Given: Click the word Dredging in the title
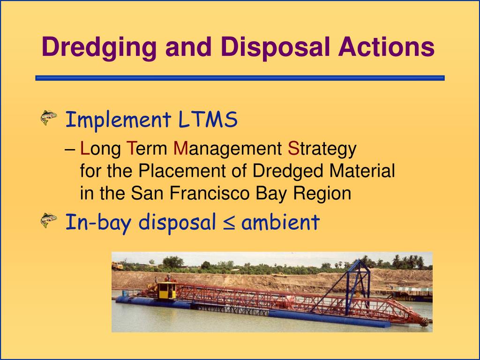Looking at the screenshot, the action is click(99, 47).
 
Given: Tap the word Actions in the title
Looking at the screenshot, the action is click(386, 47).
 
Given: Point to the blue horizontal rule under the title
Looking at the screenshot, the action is click(240, 78).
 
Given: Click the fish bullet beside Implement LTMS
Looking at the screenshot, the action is click(49, 118).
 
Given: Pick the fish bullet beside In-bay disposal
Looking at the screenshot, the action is click(49, 220).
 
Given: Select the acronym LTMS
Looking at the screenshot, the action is click(208, 120).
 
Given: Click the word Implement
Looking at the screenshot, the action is click(118, 120).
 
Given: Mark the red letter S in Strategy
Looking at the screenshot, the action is click(293, 149).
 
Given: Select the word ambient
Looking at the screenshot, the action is click(280, 222).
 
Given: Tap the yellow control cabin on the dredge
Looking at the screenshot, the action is click(166, 291).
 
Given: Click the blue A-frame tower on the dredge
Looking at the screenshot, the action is click(357, 286).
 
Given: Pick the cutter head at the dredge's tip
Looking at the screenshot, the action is click(424, 322).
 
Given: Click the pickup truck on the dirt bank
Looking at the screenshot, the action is click(280, 275).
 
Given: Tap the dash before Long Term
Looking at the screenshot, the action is click(70, 150).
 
